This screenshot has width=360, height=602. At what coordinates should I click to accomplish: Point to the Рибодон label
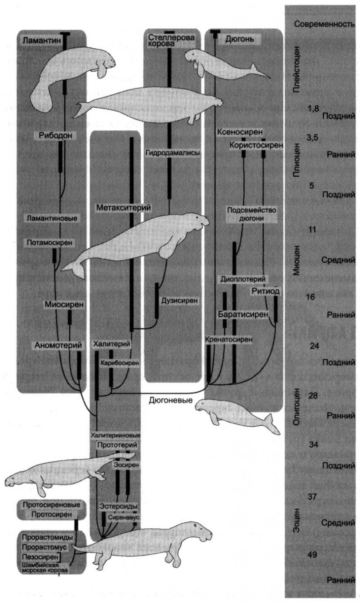57,135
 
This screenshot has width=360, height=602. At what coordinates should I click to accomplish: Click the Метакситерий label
123,208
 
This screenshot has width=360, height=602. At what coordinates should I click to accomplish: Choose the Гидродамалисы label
173,153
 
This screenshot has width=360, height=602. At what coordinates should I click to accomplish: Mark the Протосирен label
51,515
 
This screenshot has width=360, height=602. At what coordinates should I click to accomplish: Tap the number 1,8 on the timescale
314,108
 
